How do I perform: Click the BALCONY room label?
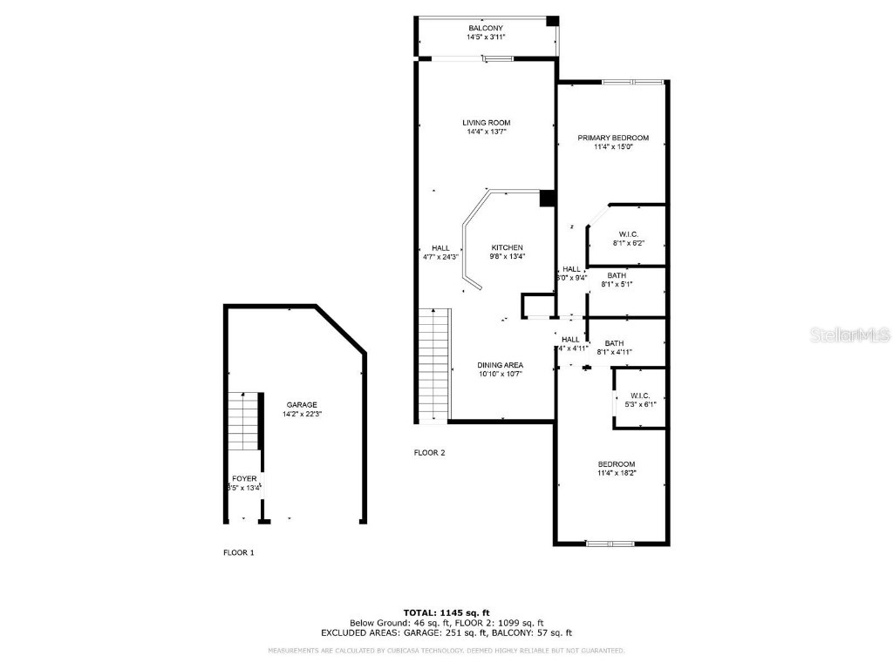[x=485, y=28]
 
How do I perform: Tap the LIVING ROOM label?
[x=486, y=123]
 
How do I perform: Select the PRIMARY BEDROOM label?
[x=613, y=138]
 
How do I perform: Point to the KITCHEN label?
[x=507, y=248]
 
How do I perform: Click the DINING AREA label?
[x=500, y=365]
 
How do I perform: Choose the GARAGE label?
[x=302, y=405]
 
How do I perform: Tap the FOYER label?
[x=244, y=479]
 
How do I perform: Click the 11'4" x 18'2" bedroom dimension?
[x=616, y=473]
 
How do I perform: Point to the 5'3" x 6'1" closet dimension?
[x=640, y=404]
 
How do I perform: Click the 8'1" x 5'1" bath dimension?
[x=617, y=284]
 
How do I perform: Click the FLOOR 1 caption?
[x=238, y=552]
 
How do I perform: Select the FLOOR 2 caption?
[x=429, y=452]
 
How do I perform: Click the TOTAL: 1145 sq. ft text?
[x=446, y=612]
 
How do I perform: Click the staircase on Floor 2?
[x=433, y=366]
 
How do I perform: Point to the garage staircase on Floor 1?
[x=244, y=421]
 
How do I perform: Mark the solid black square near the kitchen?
[x=548, y=199]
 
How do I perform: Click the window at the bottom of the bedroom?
[x=610, y=544]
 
